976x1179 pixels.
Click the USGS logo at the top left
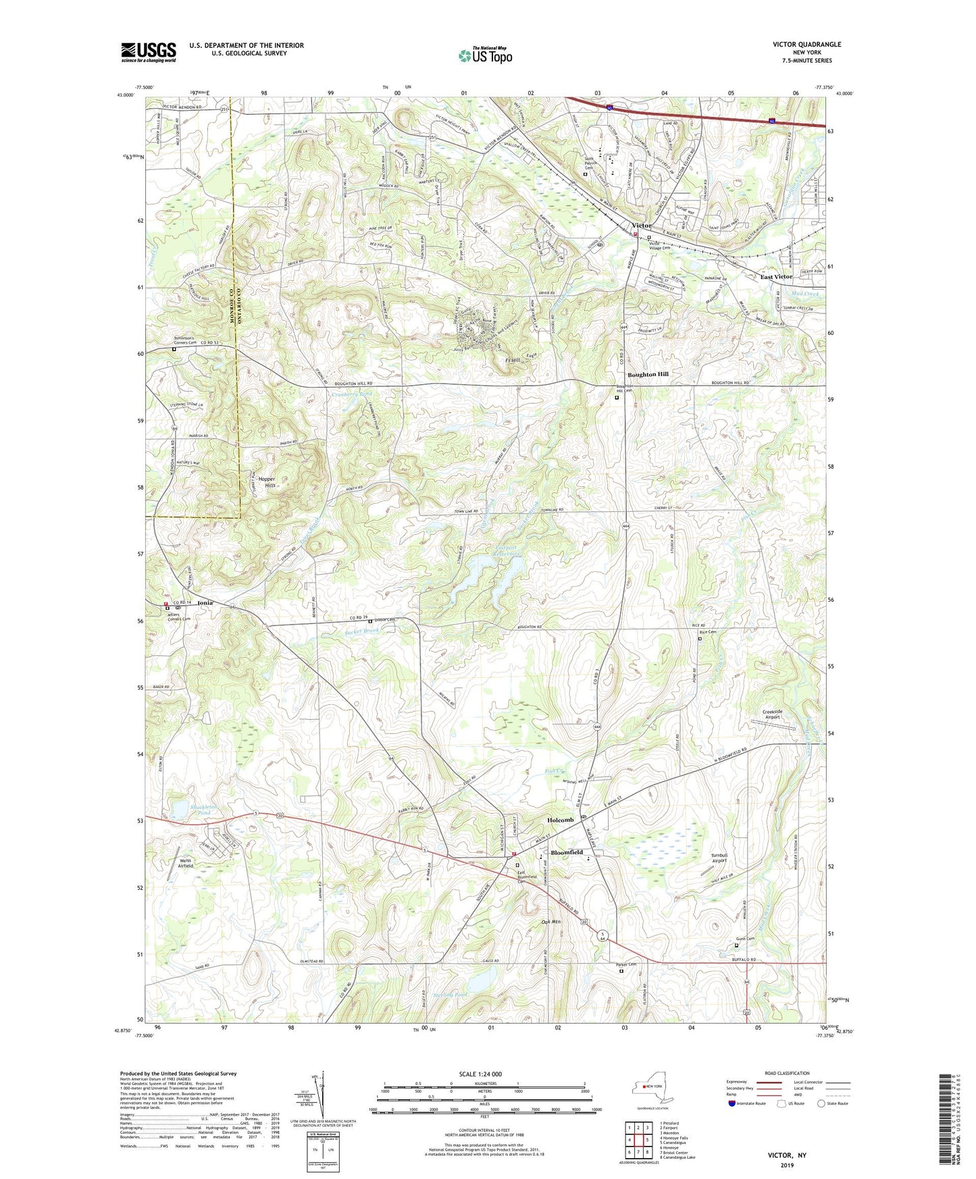[x=148, y=52]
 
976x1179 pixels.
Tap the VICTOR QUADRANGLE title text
[x=806, y=45]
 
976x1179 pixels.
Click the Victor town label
[x=641, y=226]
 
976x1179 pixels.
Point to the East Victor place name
[x=775, y=277]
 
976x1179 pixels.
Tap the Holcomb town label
[x=560, y=820]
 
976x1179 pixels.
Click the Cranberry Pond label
[x=351, y=394]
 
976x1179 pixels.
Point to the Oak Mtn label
[x=551, y=922]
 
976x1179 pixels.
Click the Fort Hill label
[x=514, y=361]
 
